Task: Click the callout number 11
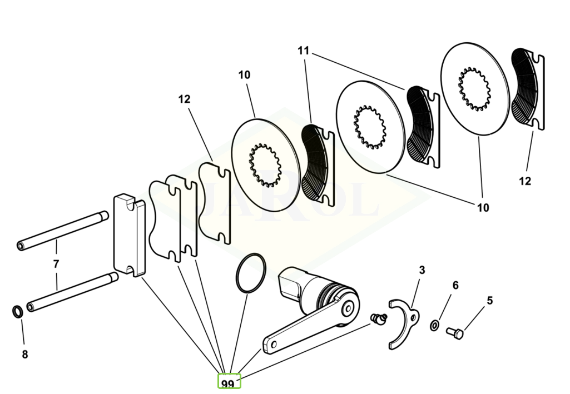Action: [x=303, y=51]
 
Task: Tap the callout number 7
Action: [x=56, y=264]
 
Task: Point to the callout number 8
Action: [x=24, y=355]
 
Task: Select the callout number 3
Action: [x=422, y=270]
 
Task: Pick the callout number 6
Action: [x=455, y=286]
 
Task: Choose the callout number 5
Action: [x=490, y=301]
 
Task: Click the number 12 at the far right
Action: [x=525, y=181]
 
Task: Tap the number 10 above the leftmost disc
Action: [x=244, y=75]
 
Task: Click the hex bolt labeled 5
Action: [x=455, y=333]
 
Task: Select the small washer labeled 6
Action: [x=434, y=325]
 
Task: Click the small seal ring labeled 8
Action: [x=17, y=312]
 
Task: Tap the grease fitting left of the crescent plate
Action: [x=378, y=319]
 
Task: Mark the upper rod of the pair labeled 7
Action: [x=62, y=231]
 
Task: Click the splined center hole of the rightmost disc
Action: [x=474, y=89]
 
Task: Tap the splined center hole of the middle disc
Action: [x=370, y=127]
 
